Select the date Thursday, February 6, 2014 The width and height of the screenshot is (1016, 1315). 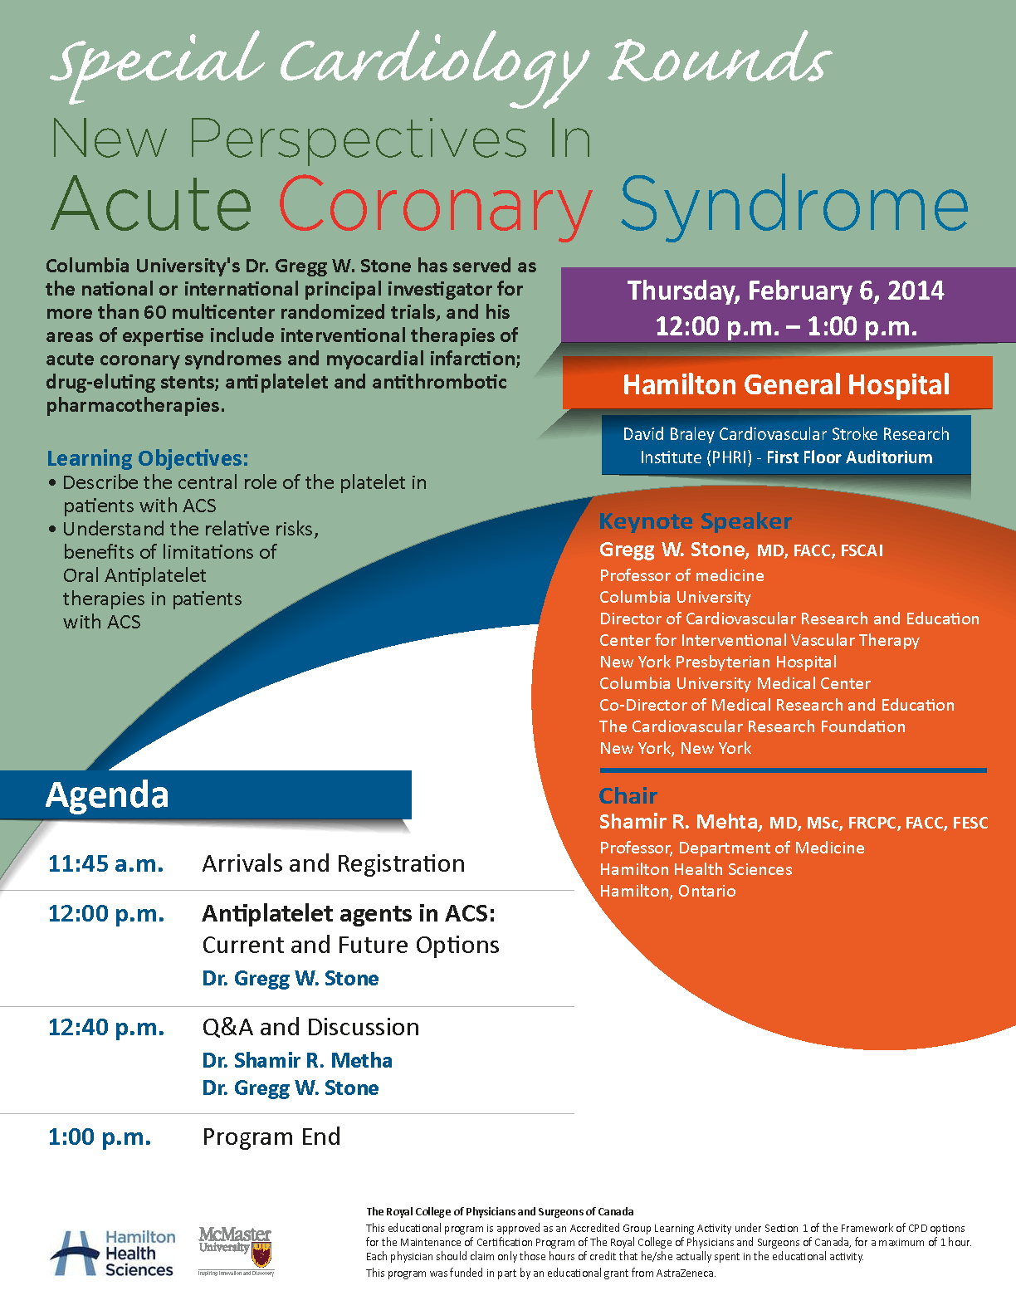[785, 291]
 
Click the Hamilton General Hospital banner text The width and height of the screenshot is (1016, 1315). [786, 385]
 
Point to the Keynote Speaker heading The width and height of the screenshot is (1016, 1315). [695, 521]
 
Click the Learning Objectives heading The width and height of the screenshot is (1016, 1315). [147, 458]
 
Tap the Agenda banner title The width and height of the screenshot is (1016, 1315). [107, 795]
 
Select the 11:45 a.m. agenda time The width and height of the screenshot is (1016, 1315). [105, 864]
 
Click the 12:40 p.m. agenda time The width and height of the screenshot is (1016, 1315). [106, 1028]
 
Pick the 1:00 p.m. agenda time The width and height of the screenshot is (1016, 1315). [100, 1137]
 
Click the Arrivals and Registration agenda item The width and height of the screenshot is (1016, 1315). [333, 864]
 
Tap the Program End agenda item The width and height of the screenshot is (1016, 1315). [271, 1137]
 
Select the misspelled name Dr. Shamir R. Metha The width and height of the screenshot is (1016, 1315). [297, 1061]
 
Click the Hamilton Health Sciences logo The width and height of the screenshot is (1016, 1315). [113, 1254]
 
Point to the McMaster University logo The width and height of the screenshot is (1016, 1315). [236, 1250]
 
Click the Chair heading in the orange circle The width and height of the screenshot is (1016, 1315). [628, 796]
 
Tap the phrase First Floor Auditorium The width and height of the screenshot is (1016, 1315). [849, 457]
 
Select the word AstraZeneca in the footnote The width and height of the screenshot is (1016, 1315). [685, 1273]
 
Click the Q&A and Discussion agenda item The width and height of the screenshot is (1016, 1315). [310, 1028]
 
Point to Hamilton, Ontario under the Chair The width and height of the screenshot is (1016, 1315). [667, 892]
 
